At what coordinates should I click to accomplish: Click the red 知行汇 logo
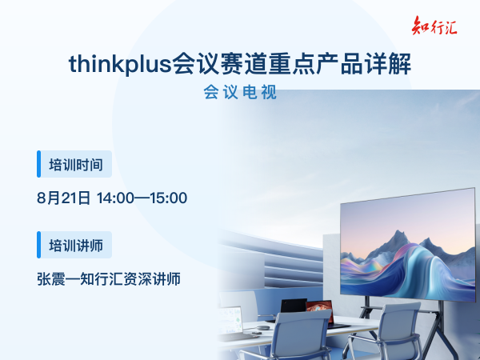(x=434, y=26)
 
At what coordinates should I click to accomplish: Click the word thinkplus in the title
(x=120, y=64)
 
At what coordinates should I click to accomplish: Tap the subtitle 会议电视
(x=240, y=92)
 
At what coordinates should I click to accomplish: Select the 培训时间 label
(x=76, y=165)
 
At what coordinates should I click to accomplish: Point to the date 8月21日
(x=64, y=198)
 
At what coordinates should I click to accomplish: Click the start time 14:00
(x=115, y=198)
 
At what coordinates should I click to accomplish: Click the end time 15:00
(x=169, y=198)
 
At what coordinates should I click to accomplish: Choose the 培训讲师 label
(x=76, y=246)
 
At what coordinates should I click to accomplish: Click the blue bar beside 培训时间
(x=38, y=164)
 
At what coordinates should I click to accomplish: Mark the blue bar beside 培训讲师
(x=38, y=245)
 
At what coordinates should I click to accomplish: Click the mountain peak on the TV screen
(x=398, y=232)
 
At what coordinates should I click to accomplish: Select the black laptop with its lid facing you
(x=294, y=306)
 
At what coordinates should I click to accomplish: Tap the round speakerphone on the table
(x=262, y=328)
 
